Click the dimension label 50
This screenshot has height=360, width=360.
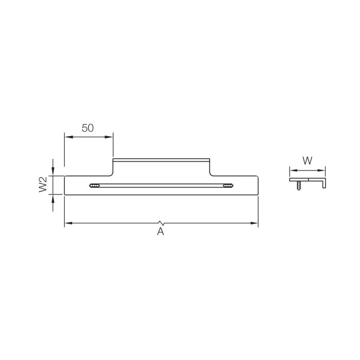tap(88, 128)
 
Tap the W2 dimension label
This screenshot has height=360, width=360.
tap(43, 184)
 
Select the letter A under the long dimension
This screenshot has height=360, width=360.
tap(160, 232)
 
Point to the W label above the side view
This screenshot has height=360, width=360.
tap(307, 161)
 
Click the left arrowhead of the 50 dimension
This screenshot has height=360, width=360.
tap(69, 137)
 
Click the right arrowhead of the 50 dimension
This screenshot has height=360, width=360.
tap(109, 137)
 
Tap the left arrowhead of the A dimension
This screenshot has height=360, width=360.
tap(69, 223)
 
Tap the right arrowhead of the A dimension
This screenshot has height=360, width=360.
tap(254, 223)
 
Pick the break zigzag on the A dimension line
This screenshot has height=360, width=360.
tap(161, 223)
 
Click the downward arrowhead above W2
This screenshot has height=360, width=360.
tap(53, 171)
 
